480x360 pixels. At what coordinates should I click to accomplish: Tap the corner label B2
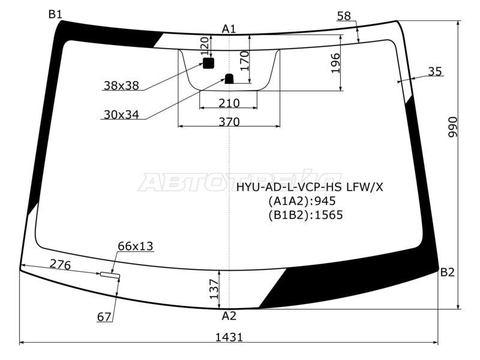(x=448, y=273)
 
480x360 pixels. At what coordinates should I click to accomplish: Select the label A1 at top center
(x=229, y=29)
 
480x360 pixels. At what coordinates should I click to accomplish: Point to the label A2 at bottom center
(x=229, y=316)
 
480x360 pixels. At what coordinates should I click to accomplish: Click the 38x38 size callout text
(x=121, y=86)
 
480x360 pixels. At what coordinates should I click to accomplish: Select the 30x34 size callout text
(x=121, y=115)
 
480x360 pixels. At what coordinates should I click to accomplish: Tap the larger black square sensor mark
(x=208, y=63)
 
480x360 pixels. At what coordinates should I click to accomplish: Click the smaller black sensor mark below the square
(x=229, y=78)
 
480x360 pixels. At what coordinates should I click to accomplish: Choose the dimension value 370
(x=229, y=122)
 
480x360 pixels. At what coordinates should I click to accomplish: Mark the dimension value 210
(x=229, y=103)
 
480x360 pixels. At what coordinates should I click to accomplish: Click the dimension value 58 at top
(x=344, y=16)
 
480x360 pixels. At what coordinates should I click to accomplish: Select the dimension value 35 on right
(x=435, y=71)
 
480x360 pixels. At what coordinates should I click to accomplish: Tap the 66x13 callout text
(x=135, y=246)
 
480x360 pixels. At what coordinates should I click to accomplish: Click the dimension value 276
(x=60, y=264)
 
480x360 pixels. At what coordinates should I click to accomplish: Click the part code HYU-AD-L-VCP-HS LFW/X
(x=309, y=187)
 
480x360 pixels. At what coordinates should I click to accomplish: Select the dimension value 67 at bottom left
(x=104, y=317)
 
